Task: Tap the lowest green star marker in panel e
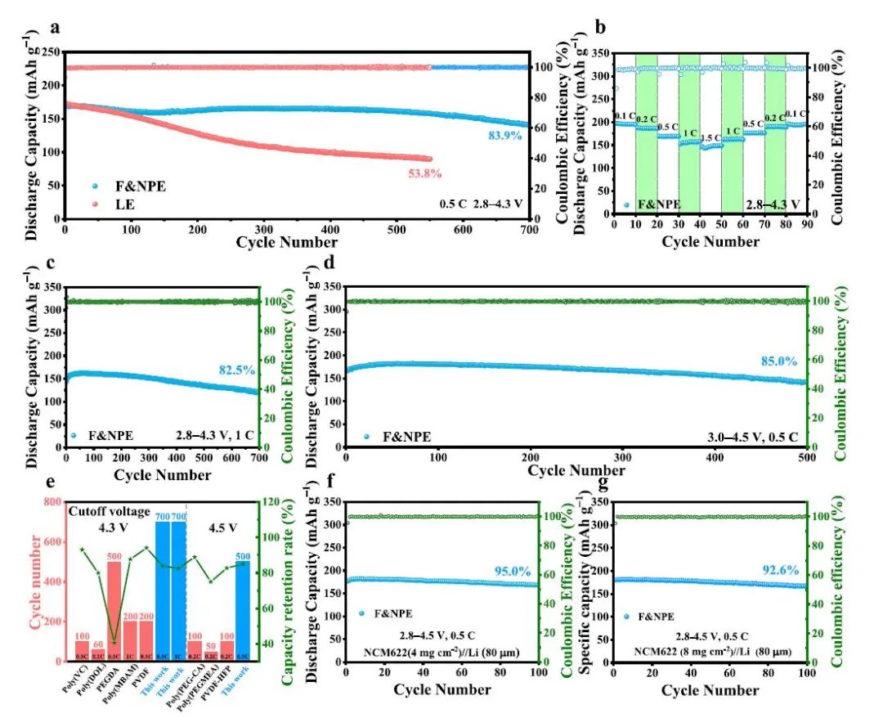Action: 114,642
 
